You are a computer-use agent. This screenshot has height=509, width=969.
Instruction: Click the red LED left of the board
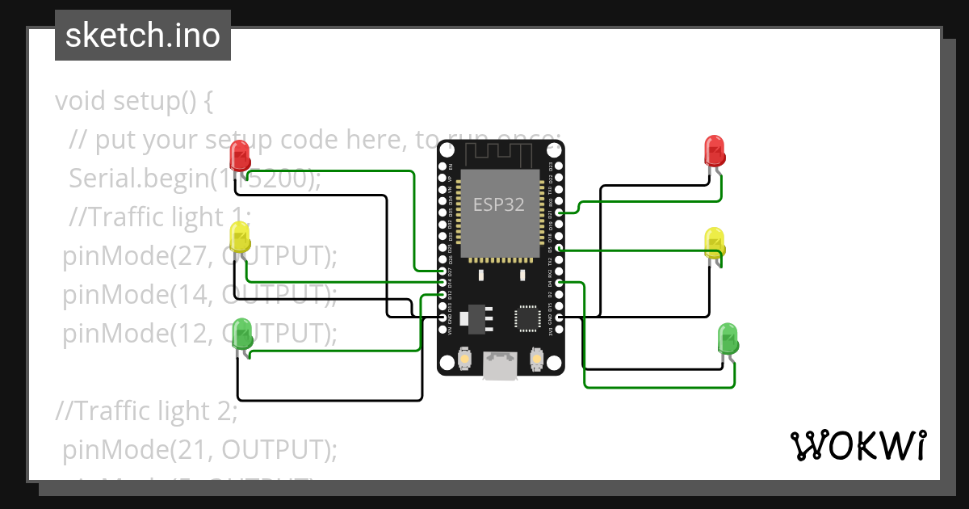pyautogui.click(x=240, y=155)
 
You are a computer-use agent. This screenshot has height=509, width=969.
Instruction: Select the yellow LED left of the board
pyautogui.click(x=240, y=238)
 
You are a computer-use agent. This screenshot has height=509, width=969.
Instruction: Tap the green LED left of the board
pyautogui.click(x=241, y=334)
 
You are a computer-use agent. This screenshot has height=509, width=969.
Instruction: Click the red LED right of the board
pyautogui.click(x=715, y=151)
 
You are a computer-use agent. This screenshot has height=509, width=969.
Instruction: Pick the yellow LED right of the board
pyautogui.click(x=715, y=243)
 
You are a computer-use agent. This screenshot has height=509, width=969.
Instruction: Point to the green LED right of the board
pyautogui.click(x=728, y=339)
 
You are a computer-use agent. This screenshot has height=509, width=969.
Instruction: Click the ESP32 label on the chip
pyautogui.click(x=498, y=205)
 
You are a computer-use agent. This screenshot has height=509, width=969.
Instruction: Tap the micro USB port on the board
pyautogui.click(x=500, y=366)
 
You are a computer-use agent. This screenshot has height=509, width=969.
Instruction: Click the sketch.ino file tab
pyautogui.click(x=143, y=36)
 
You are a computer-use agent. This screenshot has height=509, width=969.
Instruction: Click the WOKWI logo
pyautogui.click(x=857, y=445)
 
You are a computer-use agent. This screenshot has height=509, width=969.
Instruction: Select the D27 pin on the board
pyautogui.click(x=443, y=272)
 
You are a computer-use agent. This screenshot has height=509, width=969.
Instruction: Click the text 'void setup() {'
pyautogui.click(x=134, y=102)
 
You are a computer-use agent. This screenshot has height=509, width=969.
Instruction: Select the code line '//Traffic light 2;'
pyautogui.click(x=146, y=411)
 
